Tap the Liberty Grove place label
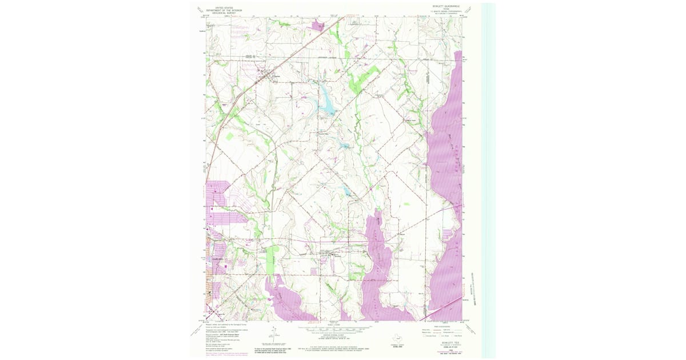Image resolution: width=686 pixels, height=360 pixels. click(410, 120)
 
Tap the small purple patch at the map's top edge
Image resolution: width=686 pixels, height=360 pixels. click(317, 25)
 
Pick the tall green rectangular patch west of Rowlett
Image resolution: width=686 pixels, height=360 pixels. click(271, 260)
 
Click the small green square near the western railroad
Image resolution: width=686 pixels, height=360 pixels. click(230, 137)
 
